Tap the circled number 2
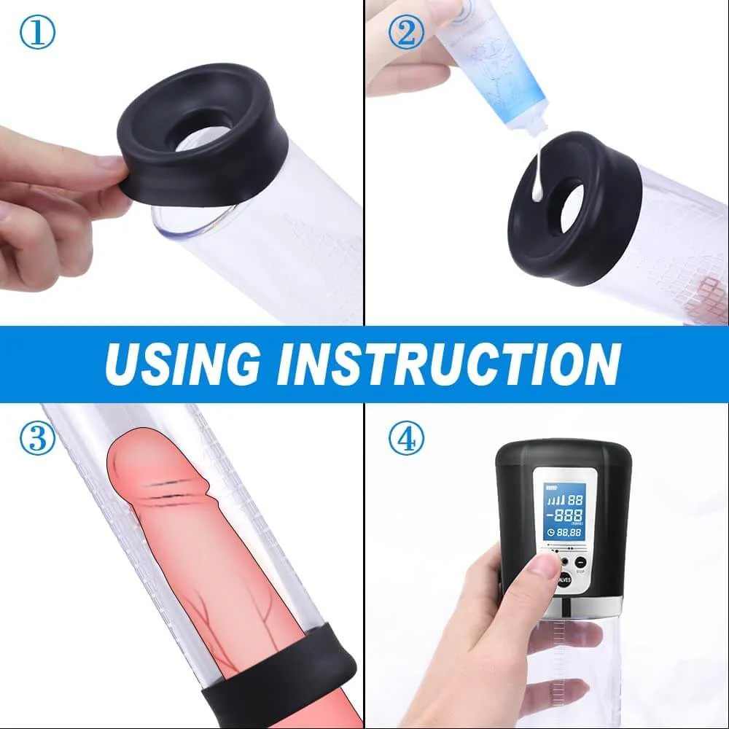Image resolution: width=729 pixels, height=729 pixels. [x=406, y=33]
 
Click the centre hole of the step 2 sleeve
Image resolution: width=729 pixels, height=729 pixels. [x=566, y=208]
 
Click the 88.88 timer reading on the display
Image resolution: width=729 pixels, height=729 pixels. [x=569, y=534]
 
